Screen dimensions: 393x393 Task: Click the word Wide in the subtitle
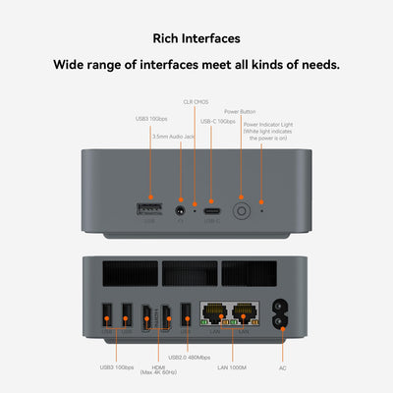click(70, 66)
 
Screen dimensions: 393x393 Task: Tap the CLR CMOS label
click(195, 102)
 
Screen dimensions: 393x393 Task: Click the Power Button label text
click(240, 112)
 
